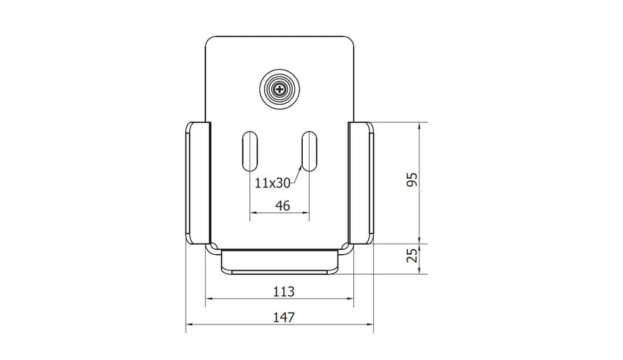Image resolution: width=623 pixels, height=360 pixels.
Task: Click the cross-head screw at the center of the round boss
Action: pos(280,90)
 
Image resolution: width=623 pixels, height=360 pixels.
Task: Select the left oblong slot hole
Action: pos(250,151)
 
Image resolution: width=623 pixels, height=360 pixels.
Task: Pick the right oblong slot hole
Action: pos(309,151)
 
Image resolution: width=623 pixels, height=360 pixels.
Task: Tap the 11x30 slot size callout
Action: pos(272,182)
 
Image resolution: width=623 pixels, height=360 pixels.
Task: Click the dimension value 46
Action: pos(282,206)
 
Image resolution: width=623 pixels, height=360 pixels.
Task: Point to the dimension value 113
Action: pos(283,291)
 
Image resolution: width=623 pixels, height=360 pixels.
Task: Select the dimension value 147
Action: pos(283,317)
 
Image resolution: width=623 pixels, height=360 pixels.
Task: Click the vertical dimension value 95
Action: pos(412,179)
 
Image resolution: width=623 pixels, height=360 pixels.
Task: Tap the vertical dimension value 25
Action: pos(413,255)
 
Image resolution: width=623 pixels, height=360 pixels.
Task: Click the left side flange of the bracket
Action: pos(198,182)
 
